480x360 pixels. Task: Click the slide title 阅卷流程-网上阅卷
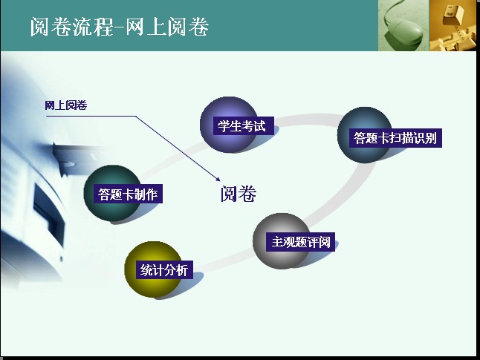click(x=120, y=27)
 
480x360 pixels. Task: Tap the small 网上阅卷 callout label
click(x=66, y=105)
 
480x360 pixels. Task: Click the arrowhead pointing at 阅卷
click(x=218, y=179)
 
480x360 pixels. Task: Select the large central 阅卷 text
click(x=239, y=194)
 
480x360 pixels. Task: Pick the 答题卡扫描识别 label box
click(x=395, y=138)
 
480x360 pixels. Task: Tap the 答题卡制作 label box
click(x=128, y=194)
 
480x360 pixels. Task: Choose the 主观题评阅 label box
click(x=300, y=242)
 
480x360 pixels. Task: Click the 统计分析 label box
click(x=164, y=269)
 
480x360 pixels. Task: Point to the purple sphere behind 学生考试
click(x=229, y=125)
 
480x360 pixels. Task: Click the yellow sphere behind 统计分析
click(x=153, y=269)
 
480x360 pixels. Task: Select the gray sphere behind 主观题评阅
click(x=282, y=241)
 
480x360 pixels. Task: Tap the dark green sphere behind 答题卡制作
click(x=113, y=193)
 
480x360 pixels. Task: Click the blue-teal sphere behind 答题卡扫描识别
click(x=365, y=134)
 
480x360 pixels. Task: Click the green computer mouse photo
click(x=403, y=25)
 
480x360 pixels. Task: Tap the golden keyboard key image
click(x=453, y=25)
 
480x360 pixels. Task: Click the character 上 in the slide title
click(x=156, y=27)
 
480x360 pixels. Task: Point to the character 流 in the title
click(x=82, y=27)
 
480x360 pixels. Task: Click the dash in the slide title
click(x=119, y=27)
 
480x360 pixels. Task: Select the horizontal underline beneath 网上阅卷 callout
click(x=91, y=117)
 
